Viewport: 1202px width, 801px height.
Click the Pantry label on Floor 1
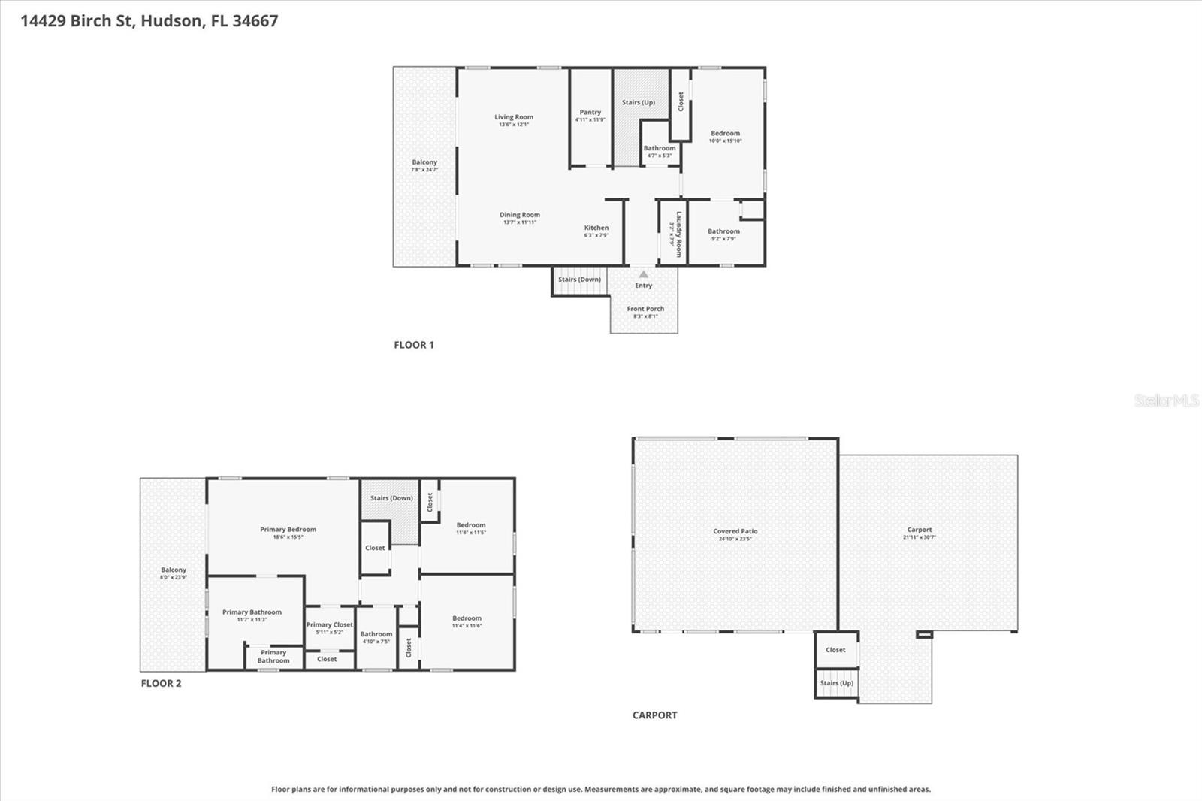[590, 112]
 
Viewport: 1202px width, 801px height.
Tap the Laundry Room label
[678, 234]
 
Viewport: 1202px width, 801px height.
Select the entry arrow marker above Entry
[643, 274]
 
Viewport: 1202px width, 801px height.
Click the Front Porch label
[645, 309]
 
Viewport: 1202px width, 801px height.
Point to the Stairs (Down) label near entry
[579, 280]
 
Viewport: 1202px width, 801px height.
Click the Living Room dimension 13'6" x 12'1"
[514, 125]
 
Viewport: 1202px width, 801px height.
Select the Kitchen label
[596, 228]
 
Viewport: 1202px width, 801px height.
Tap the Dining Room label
[520, 215]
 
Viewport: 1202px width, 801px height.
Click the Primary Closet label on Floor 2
[329, 624]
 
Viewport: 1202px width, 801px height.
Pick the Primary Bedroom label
[288, 529]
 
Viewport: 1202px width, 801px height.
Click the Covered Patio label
[735, 531]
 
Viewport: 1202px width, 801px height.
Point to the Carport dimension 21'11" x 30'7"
[919, 537]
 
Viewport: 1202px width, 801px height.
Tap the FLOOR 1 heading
[414, 345]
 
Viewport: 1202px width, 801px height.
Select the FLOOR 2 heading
[162, 683]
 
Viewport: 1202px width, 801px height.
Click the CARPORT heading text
[654, 715]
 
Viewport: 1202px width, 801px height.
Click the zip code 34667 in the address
[255, 21]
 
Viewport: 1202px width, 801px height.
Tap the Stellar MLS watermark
[1166, 400]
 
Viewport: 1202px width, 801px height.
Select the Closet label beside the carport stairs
[835, 650]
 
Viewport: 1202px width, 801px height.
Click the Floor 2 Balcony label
[173, 570]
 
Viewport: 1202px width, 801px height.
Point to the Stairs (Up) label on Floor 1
[639, 102]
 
